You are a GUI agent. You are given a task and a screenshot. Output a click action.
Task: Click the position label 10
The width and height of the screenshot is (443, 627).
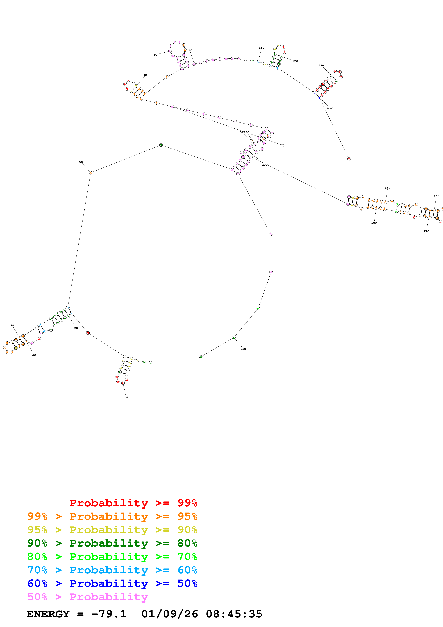tap(126, 397)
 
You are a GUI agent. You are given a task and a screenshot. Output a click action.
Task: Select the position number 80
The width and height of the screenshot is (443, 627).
tap(146, 75)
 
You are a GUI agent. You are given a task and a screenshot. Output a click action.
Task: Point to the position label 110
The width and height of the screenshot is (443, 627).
tap(261, 48)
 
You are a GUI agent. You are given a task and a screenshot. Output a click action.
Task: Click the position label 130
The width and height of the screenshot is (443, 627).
tap(321, 66)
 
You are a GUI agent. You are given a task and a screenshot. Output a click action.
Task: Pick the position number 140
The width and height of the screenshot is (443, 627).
tap(330, 108)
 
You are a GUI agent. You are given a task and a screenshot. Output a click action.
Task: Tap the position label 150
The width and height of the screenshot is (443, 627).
tap(387, 188)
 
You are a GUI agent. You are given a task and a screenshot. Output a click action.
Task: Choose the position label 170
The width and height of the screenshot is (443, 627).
tap(426, 231)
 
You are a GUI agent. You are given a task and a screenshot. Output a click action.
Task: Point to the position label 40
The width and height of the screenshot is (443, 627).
tap(12, 325)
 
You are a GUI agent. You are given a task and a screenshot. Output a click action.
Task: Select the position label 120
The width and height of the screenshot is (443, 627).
tap(295, 61)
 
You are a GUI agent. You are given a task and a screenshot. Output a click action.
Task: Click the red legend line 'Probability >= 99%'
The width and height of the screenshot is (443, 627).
tap(133, 503)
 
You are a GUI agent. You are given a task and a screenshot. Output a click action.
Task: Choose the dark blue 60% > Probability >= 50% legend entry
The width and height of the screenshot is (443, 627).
tap(112, 583)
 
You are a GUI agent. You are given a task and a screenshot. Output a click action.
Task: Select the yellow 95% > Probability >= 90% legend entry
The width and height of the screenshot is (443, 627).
tap(112, 530)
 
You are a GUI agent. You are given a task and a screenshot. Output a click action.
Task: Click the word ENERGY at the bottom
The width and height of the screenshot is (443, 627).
tap(48, 614)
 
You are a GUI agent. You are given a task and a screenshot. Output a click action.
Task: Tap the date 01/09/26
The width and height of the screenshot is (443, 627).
tap(170, 614)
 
